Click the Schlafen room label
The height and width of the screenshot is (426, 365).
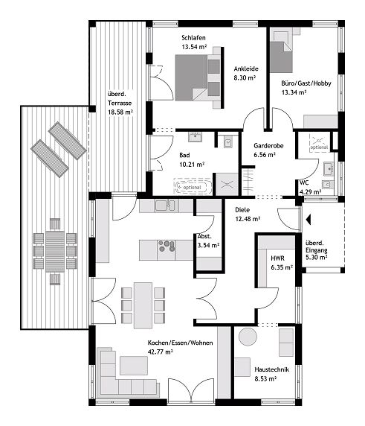pos(193,37)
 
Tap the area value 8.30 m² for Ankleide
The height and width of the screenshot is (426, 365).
pos(245,77)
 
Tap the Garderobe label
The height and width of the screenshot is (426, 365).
pos(266,146)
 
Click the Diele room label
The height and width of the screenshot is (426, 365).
pos(242,209)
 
